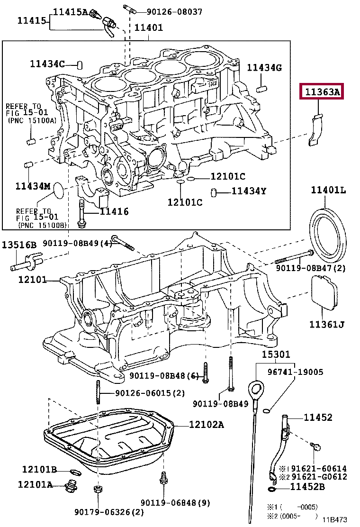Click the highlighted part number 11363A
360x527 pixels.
pos(322,91)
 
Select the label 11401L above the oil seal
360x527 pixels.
pos(328,190)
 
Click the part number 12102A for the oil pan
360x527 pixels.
pos(206,425)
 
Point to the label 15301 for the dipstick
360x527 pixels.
pos(276,354)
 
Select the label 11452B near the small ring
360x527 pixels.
pos(307,486)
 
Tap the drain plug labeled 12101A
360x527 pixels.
pos(71,486)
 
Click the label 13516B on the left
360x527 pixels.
pos(19,245)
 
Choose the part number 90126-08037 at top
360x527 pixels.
pos(174,12)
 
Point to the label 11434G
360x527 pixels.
pos(264,68)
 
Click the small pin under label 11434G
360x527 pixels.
pos(261,90)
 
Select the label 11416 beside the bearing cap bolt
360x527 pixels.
pos(114,211)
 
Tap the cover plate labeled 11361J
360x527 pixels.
pos(324,292)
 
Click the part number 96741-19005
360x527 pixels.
pos(296,372)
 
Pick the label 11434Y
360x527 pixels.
pos(249,191)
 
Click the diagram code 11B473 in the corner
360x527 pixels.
pos(335,519)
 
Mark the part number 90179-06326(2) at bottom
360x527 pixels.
pos(109,512)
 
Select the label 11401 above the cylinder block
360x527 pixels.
pos(148,27)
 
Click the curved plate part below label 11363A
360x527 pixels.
pos(316,130)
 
